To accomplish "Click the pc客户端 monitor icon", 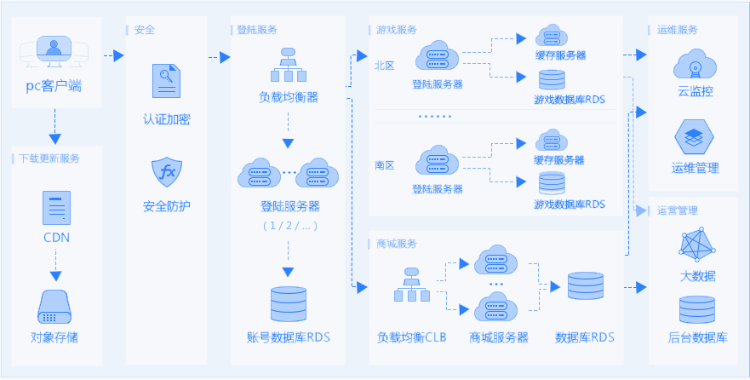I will [54, 52].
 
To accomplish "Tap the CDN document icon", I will [56, 207].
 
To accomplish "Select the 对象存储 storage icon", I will [55, 305].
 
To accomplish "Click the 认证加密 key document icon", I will [166, 82].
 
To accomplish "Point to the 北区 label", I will [385, 65].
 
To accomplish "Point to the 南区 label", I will [385, 164].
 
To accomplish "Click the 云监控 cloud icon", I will [695, 65].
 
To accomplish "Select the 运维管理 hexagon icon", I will [695, 137].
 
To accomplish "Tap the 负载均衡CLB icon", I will [411, 285].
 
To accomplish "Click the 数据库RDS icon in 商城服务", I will [585, 286].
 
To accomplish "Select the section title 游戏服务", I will [397, 30].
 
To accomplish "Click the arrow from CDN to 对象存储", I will [56, 275].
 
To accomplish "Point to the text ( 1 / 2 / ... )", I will [289, 226].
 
